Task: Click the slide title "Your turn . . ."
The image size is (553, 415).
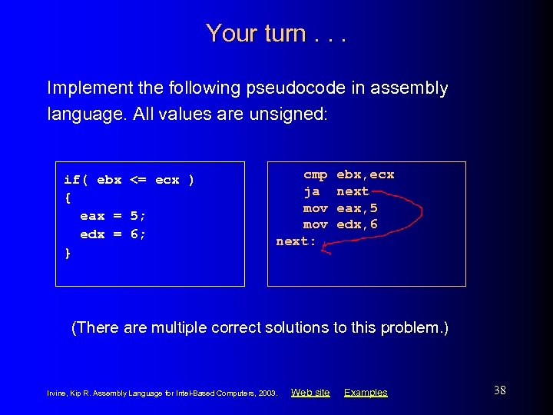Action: pyautogui.click(x=276, y=33)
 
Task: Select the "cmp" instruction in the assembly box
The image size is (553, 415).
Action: pyautogui.click(x=315, y=174)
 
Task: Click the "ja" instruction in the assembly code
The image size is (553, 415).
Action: pyautogui.click(x=312, y=191)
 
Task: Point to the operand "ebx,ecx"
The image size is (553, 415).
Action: pyautogui.click(x=366, y=174)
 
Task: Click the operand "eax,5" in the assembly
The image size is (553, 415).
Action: pyautogui.click(x=357, y=207)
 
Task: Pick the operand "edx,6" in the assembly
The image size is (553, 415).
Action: pyautogui.click(x=357, y=224)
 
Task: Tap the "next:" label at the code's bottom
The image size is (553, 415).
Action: pyautogui.click(x=296, y=241)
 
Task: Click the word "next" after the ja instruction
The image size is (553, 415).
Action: pyautogui.click(x=353, y=191)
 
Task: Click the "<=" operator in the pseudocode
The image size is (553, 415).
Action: pyautogui.click(x=138, y=180)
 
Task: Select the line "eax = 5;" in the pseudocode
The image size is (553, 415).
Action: pyautogui.click(x=113, y=216)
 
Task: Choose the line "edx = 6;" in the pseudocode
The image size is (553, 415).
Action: pyautogui.click(x=113, y=234)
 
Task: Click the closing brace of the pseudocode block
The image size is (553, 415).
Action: pyautogui.click(x=68, y=253)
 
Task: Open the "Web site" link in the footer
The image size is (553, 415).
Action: pyautogui.click(x=310, y=393)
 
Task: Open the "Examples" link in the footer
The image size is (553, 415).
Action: pyautogui.click(x=366, y=393)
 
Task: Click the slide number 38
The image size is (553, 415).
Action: pyautogui.click(x=499, y=390)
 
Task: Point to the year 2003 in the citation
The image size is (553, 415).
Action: pyautogui.click(x=267, y=393)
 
